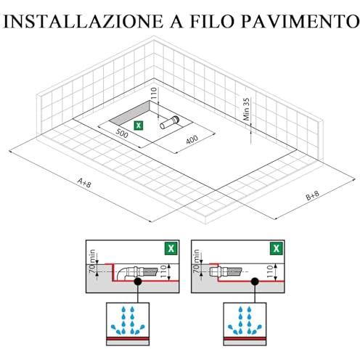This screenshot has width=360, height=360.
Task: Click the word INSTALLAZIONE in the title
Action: (x=83, y=21)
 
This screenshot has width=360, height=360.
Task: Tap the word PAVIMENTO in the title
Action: (x=300, y=21)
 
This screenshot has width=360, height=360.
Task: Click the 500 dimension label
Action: (x=122, y=133)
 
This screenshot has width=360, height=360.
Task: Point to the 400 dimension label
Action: (x=192, y=139)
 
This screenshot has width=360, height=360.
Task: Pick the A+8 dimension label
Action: (x=84, y=183)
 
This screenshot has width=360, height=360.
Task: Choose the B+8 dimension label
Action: (x=313, y=195)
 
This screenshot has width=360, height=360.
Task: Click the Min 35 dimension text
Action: (x=246, y=109)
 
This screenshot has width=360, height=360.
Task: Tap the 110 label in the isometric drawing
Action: (x=154, y=94)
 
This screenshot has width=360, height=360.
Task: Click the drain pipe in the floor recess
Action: (x=170, y=123)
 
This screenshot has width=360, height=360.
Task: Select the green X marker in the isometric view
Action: (x=139, y=126)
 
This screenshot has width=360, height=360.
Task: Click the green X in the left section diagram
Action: (x=171, y=248)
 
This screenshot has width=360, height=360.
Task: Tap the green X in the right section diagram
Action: (x=277, y=248)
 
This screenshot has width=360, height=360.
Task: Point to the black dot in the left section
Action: (x=138, y=281)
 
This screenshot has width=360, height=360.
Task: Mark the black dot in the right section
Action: (x=255, y=281)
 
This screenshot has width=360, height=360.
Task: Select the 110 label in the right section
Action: (x=270, y=271)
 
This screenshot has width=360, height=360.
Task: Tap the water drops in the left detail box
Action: (x=128, y=320)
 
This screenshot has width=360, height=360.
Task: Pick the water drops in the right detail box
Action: (x=245, y=320)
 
